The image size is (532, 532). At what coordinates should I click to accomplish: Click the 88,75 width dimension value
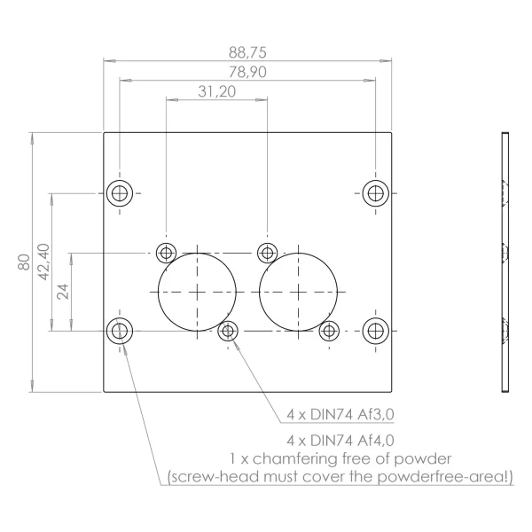tap(247, 52)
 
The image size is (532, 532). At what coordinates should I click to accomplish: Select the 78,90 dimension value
tap(247, 72)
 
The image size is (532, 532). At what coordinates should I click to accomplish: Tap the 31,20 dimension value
tap(217, 91)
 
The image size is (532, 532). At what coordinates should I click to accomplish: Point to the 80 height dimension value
tap(24, 262)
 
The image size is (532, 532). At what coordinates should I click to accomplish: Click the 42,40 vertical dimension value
tap(43, 262)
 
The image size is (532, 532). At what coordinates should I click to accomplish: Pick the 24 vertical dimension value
tap(63, 292)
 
